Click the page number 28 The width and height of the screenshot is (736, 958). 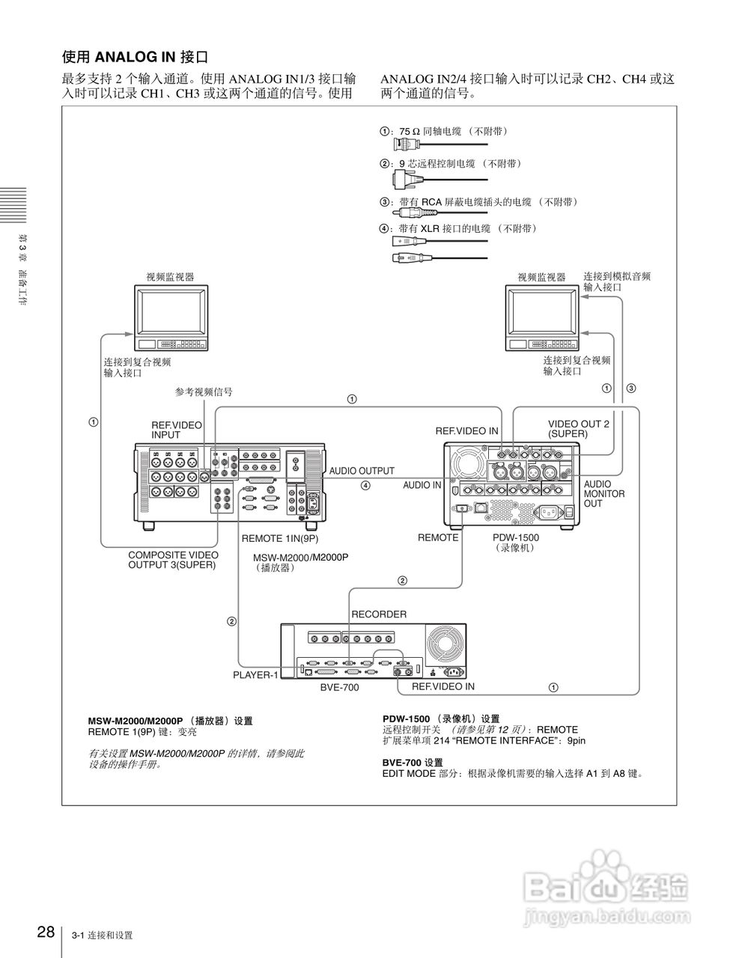[44, 932]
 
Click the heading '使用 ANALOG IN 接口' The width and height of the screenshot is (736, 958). [134, 56]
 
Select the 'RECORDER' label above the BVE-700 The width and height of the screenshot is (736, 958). [379, 614]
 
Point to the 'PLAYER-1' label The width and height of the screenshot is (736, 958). [255, 675]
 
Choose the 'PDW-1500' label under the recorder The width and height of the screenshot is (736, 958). [516, 537]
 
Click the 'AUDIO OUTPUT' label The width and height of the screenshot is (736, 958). [362, 471]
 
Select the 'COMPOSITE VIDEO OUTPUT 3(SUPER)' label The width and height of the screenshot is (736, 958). [173, 560]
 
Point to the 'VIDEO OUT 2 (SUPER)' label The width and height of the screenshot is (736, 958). [578, 428]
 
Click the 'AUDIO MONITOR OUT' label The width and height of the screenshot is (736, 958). [603, 494]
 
